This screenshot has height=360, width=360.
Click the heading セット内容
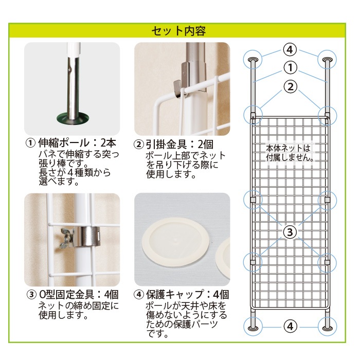pos(178,31)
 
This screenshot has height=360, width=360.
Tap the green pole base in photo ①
pos(73,118)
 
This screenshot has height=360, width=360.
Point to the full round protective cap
pos(176,240)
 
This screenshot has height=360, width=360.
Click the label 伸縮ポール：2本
pos(77,143)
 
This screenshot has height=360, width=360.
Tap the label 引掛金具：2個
pos(179,145)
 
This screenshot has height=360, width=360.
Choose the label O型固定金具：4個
pos(79,294)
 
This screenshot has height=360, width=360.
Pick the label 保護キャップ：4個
pos(188,295)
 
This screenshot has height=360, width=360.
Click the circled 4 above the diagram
pos(290,49)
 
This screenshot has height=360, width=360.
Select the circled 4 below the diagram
pos(290,326)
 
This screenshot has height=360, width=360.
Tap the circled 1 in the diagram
pos(290,68)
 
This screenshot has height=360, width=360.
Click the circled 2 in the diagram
pos(291,87)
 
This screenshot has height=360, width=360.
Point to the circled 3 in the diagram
pos(290,232)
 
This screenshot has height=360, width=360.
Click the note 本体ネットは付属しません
pos(289,153)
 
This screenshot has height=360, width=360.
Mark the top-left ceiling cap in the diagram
pos(253,60)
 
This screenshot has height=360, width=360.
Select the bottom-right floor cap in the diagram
pos(328,328)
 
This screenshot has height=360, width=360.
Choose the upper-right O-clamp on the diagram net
pos(327,200)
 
